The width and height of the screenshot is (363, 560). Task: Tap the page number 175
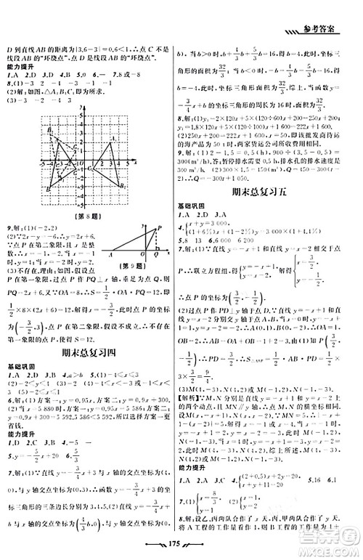point(183,542)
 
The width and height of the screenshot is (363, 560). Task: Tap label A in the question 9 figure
point(110,254)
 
